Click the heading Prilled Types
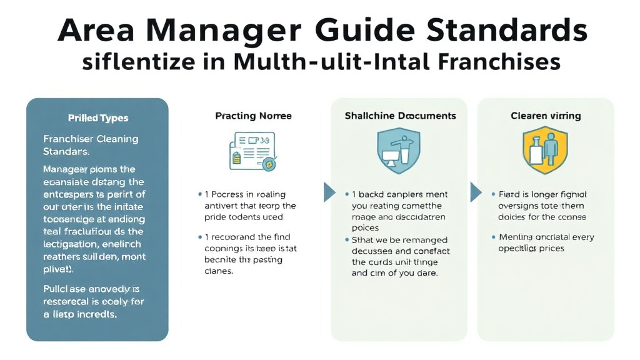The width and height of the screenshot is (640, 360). coord(97,117)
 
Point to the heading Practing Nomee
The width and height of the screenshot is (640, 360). coord(253,116)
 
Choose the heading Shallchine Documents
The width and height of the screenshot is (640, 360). coord(400,116)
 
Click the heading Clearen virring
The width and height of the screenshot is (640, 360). coord(546,116)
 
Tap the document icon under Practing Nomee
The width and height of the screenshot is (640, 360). coord(252,150)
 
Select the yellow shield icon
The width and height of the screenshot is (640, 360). coord(544,151)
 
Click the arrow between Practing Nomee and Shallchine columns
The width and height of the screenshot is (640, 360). coord(329,192)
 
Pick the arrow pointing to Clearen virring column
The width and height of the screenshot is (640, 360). coord(475,192)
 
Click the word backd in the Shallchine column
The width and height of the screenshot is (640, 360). coord(373,195)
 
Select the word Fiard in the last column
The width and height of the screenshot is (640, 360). coord(511,194)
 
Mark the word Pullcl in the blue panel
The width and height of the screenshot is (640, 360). coord(57,289)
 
